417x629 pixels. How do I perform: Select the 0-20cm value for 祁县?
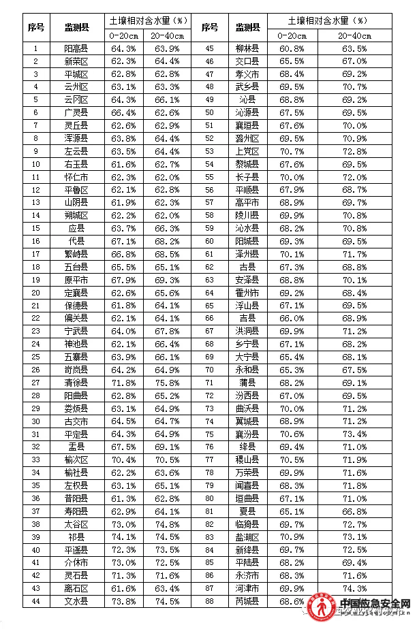click(x=123, y=536)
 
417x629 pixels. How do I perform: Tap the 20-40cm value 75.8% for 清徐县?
click(x=166, y=383)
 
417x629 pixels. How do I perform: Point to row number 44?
click(x=36, y=601)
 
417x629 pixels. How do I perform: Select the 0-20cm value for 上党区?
click(x=292, y=151)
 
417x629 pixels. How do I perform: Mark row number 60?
click(x=209, y=241)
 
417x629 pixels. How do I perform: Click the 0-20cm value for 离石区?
click(x=123, y=588)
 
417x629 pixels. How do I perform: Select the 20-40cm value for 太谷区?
click(x=166, y=524)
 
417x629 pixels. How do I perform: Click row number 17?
click(x=36, y=254)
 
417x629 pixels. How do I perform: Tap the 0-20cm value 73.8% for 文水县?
click(x=123, y=601)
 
